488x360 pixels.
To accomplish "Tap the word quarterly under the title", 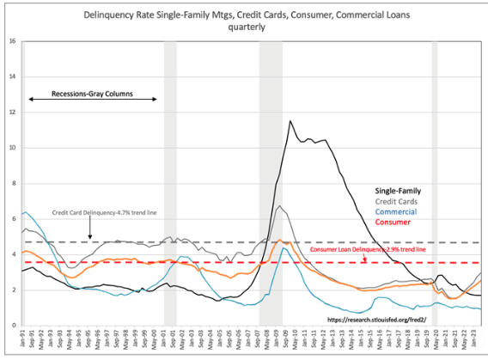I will (x=247, y=27).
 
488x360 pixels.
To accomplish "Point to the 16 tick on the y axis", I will (x=10, y=41).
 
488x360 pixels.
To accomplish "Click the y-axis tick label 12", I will (x=10, y=113).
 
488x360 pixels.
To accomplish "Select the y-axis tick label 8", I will (x=11, y=183).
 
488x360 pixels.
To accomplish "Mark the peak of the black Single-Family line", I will (x=290, y=121).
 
